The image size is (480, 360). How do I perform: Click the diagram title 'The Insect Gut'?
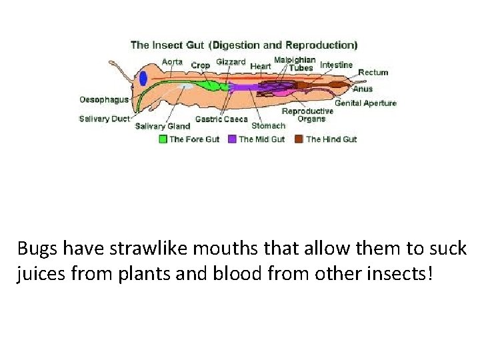click(x=167, y=45)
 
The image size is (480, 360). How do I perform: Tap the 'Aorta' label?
click(x=172, y=62)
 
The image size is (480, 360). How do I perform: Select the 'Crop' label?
click(x=200, y=65)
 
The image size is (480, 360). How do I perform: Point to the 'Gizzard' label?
click(x=230, y=62)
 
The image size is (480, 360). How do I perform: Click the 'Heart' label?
click(x=261, y=66)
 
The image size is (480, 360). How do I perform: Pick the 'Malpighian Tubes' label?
click(x=295, y=63)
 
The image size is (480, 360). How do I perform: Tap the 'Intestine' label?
click(x=336, y=65)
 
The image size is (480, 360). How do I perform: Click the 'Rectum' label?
click(x=373, y=72)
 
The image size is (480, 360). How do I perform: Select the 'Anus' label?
click(x=363, y=89)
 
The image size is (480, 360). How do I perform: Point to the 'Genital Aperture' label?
click(x=365, y=103)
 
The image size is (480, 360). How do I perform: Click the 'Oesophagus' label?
click(x=104, y=100)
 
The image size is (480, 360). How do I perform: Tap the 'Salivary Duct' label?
click(x=105, y=119)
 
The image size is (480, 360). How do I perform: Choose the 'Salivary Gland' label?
click(x=163, y=126)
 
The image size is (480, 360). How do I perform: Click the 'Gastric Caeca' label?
click(x=221, y=120)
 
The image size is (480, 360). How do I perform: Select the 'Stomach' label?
click(x=268, y=125)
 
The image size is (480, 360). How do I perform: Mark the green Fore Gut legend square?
click(x=163, y=139)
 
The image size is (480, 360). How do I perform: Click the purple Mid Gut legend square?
click(x=232, y=139)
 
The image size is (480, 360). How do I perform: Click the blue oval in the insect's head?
click(x=143, y=78)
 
